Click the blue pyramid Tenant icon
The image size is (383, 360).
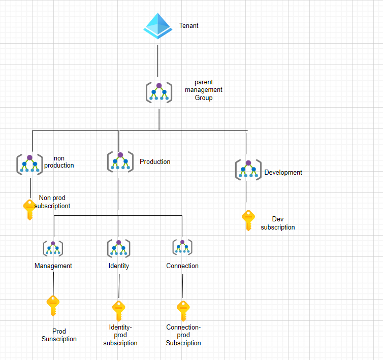158,26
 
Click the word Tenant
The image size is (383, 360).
188,25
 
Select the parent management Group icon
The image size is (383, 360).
159,92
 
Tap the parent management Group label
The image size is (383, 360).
203,90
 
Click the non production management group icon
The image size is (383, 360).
29,163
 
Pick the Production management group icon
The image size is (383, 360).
120,161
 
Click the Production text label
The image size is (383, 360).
155,161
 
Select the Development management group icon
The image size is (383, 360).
248,169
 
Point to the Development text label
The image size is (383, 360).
283,172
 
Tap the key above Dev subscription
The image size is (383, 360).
248,220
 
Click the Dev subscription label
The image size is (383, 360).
277,223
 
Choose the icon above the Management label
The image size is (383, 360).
53,248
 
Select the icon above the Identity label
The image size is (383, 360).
118,248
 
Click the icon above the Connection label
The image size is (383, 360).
182,247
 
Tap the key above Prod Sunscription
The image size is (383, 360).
53,306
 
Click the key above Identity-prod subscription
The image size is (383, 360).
118,311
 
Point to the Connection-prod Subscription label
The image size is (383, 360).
183,335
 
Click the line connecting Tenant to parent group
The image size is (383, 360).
158,60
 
